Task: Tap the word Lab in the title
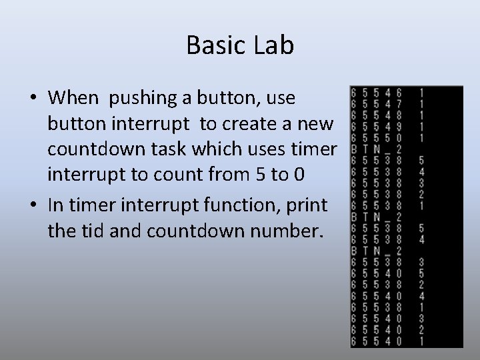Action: pyautogui.click(x=275, y=45)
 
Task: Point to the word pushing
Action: pyautogui.click(x=139, y=98)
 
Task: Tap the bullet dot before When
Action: pyautogui.click(x=33, y=99)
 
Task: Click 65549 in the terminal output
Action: pyautogui.click(x=377, y=127)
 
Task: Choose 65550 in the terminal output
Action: pyautogui.click(x=377, y=137)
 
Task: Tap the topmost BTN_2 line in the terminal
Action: pyautogui.click(x=377, y=149)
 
